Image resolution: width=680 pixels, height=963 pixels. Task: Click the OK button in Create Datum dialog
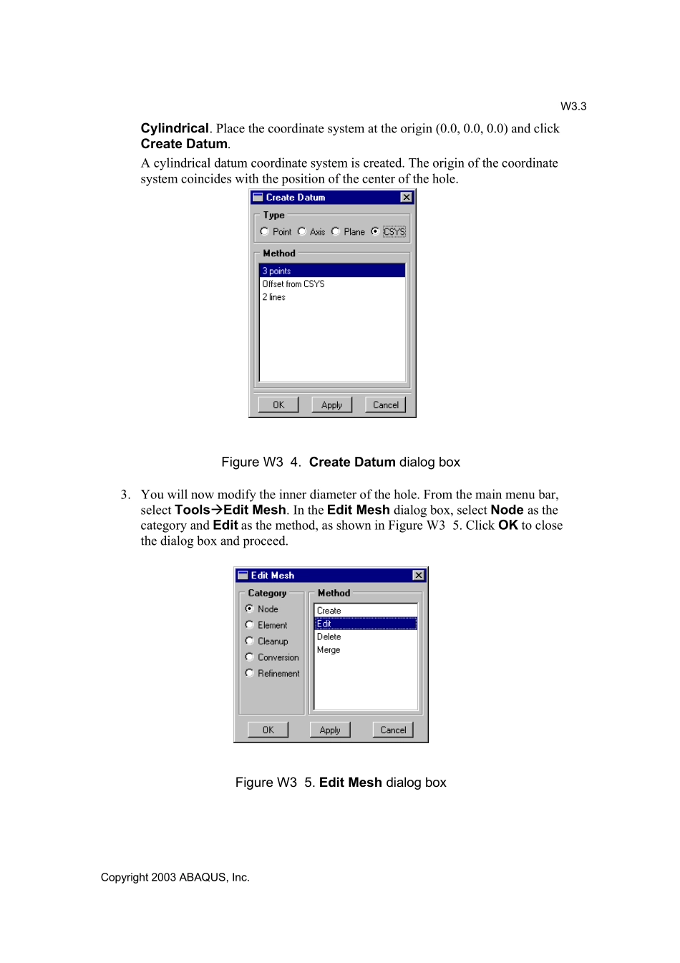click(278, 405)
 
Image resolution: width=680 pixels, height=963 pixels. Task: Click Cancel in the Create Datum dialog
click(385, 405)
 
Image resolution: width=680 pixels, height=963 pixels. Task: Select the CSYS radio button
click(375, 231)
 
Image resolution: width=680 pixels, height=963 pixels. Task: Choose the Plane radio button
click(336, 231)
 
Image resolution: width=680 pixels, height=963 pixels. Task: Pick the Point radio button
click(265, 231)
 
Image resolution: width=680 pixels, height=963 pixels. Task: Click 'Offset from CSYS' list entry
click(293, 284)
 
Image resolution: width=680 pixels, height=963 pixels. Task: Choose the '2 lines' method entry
click(274, 296)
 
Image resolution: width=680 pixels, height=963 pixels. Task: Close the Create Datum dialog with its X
click(406, 197)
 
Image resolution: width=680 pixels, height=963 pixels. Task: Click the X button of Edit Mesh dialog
click(419, 575)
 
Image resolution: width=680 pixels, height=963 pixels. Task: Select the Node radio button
click(250, 609)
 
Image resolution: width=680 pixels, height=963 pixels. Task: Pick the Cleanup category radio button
click(250, 641)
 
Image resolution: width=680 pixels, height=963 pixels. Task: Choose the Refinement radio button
click(250, 673)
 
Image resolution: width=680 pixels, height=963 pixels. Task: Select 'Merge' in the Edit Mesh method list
click(329, 649)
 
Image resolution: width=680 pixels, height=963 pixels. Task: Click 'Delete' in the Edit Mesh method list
click(329, 637)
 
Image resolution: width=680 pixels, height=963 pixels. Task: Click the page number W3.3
click(573, 106)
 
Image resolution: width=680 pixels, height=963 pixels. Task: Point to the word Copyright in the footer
click(124, 877)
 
